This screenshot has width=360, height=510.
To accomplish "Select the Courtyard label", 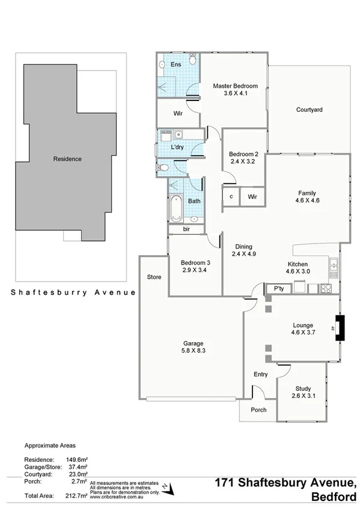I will point(310,110).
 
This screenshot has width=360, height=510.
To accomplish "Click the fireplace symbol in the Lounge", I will point(340,328).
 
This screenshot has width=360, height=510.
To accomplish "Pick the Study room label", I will point(303,388).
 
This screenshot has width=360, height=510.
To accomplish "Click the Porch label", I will point(258,410).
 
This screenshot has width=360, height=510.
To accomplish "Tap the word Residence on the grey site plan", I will point(67,159).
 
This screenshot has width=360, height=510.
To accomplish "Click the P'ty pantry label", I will point(278,289).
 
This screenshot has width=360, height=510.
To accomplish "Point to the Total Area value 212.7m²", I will point(77,496).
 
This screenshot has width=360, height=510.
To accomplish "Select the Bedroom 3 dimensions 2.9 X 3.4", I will point(195,271).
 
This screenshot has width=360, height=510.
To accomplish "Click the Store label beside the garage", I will point(154,277).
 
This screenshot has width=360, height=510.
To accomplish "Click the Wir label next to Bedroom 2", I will point(252,197).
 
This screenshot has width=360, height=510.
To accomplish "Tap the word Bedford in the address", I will point(334,497).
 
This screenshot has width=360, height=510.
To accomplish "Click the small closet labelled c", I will point(231,197).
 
